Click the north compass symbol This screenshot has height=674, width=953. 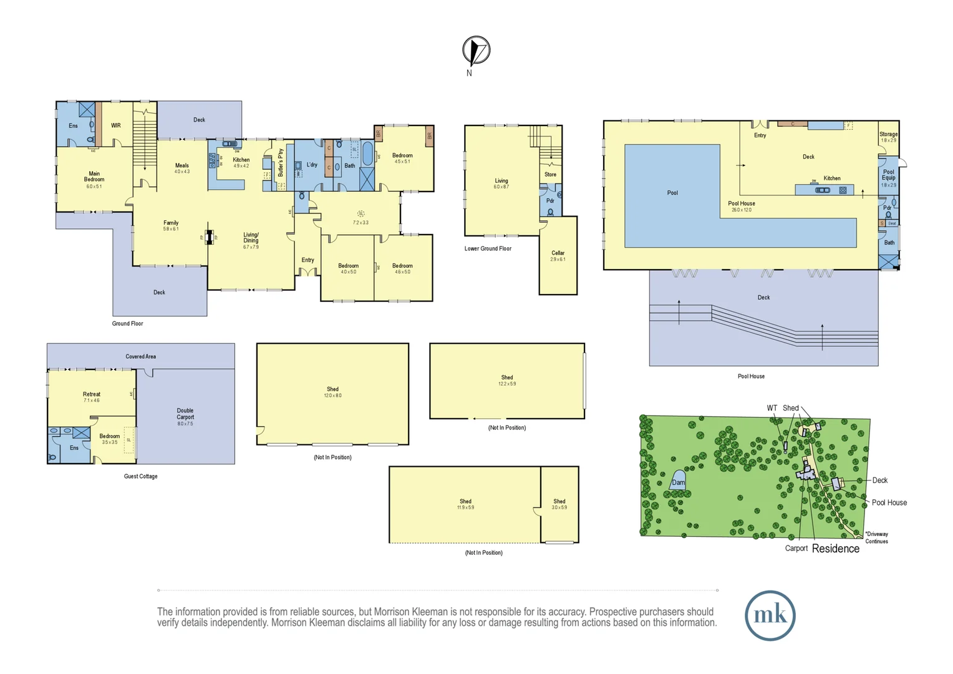(476, 51)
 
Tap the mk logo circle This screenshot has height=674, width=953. (770, 615)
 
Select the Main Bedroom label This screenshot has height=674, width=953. (94, 177)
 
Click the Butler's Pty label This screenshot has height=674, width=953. (281, 162)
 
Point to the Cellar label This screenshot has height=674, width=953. (558, 253)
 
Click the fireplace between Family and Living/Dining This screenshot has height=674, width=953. (209, 237)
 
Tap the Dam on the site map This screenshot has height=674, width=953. (678, 482)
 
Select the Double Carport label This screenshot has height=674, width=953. (185, 414)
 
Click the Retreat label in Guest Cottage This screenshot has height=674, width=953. (92, 394)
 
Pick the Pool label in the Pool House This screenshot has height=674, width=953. (672, 193)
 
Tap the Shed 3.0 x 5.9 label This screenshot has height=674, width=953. (559, 502)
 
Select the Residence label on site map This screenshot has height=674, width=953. (835, 549)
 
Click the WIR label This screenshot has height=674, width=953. (116, 125)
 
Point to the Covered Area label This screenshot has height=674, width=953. (141, 356)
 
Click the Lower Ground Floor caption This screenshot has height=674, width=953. (488, 248)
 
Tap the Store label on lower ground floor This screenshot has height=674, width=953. (550, 175)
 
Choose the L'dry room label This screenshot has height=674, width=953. (312, 165)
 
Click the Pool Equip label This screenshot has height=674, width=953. (888, 175)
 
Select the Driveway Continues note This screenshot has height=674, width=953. (876, 537)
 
